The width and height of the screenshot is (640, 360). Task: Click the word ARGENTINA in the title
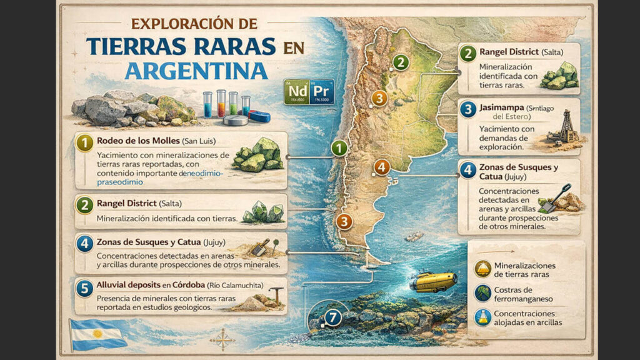click(196, 70)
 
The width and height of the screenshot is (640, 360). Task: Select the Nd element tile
click(296, 91)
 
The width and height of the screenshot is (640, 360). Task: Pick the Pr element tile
click(322, 91)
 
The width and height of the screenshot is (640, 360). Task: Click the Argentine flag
click(99, 334)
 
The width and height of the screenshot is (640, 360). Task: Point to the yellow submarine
click(432, 281)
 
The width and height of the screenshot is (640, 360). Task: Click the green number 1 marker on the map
click(338, 148)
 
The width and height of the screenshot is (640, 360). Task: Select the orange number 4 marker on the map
click(381, 167)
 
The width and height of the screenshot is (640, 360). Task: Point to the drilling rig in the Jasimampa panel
click(566, 127)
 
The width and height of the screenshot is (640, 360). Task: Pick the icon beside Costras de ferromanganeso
click(482, 292)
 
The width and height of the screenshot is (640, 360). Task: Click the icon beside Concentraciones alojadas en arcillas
click(482, 317)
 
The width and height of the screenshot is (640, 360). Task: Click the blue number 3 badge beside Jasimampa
click(468, 110)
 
